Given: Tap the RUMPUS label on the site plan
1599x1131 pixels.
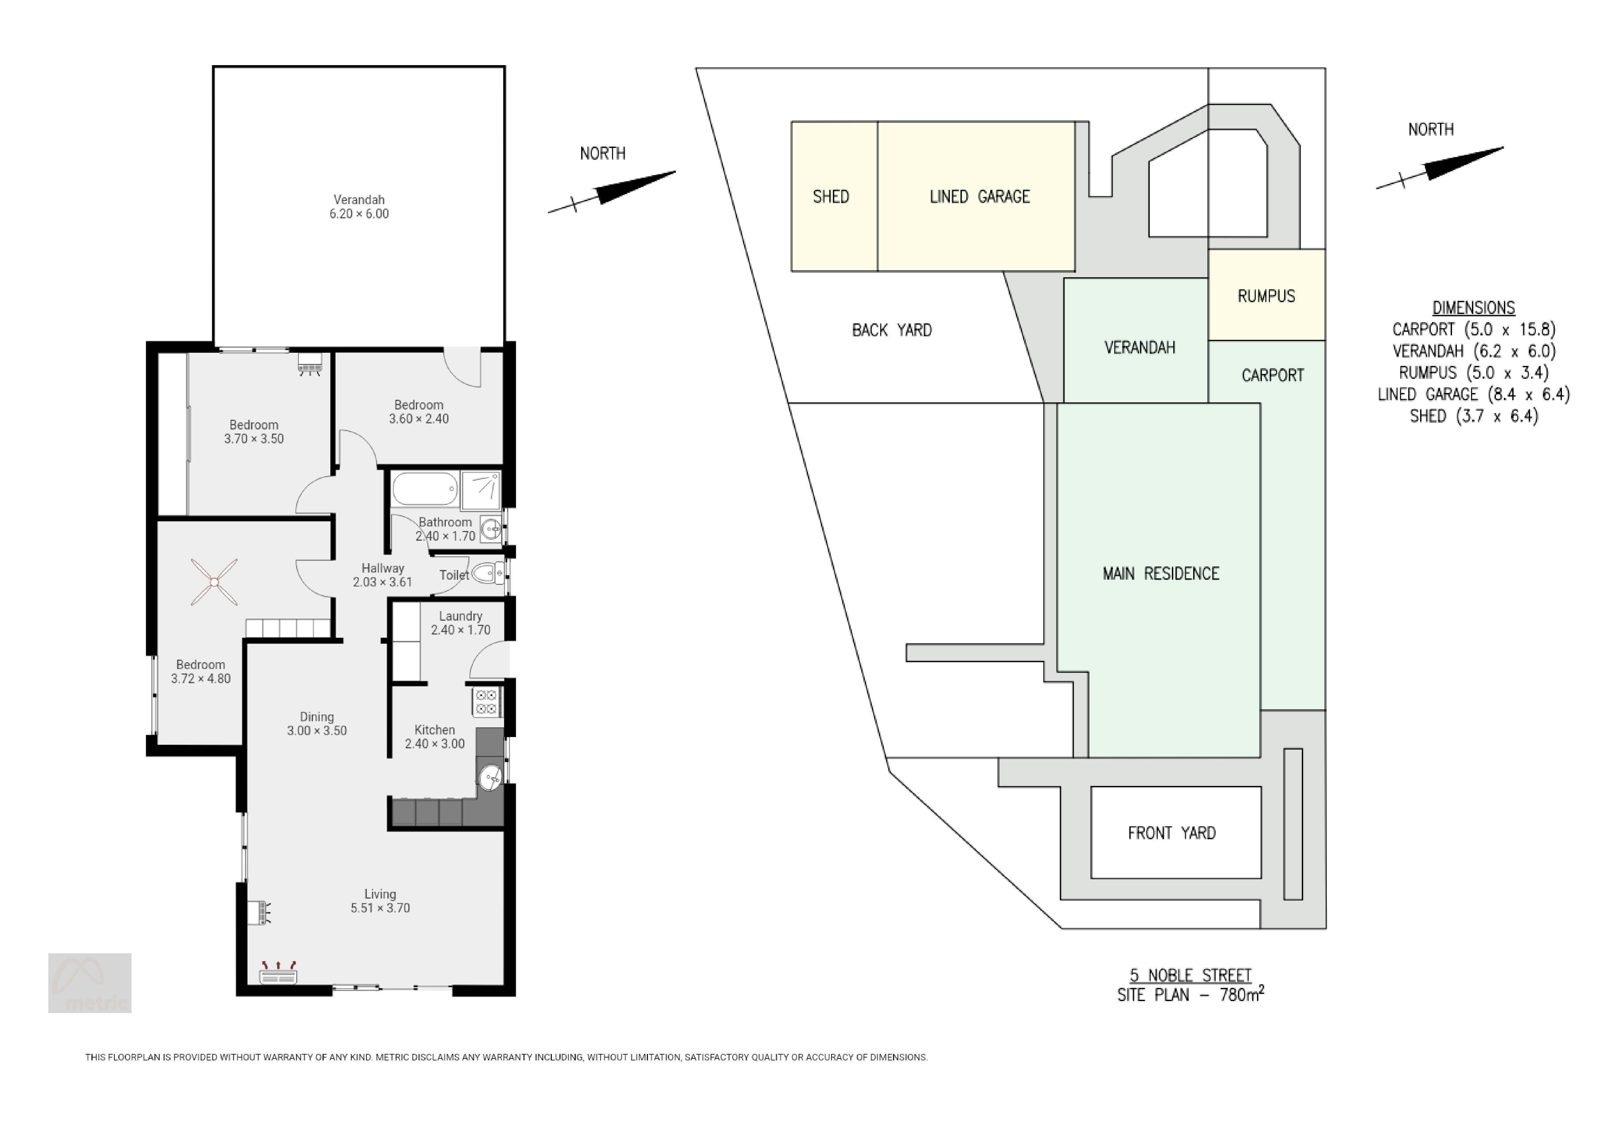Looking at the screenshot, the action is coord(1266,296).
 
